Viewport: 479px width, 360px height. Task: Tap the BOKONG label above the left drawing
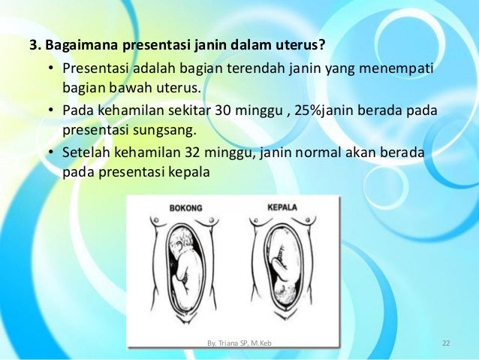(186, 207)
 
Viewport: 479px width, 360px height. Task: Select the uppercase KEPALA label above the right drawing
(283, 207)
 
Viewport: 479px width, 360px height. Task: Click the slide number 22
(446, 343)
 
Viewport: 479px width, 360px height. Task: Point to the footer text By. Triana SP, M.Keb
(239, 343)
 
